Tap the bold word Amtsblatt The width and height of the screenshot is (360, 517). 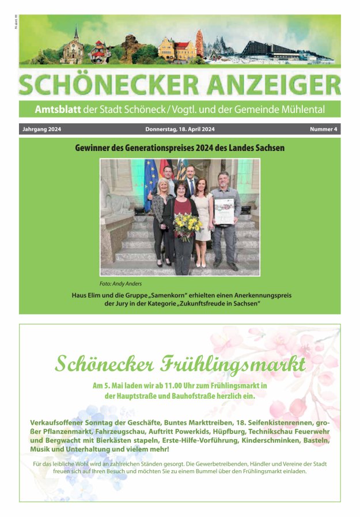coord(58,110)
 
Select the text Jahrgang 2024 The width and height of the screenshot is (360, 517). coord(41,129)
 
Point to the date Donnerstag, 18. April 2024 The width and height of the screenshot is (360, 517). coord(180,129)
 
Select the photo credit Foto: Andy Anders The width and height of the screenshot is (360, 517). coord(120,284)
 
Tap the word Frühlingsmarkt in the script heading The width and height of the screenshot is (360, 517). coord(245,364)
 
